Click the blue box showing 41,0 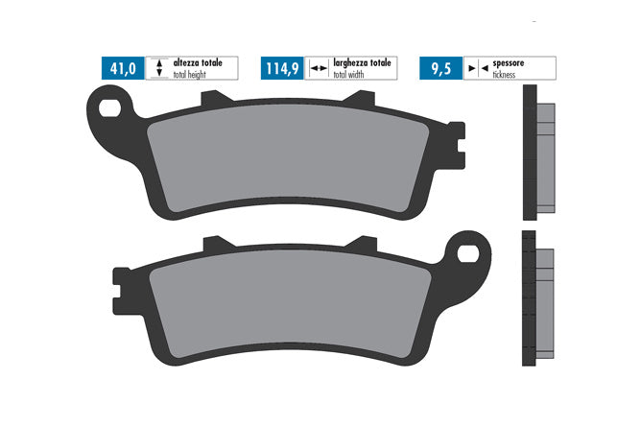(123, 68)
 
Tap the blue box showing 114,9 (282, 68)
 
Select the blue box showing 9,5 (441, 68)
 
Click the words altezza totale (198, 63)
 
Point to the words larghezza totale (362, 63)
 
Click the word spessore (509, 63)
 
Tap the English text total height (189, 75)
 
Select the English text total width (348, 75)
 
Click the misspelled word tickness (504, 75)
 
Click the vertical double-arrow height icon (159, 68)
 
